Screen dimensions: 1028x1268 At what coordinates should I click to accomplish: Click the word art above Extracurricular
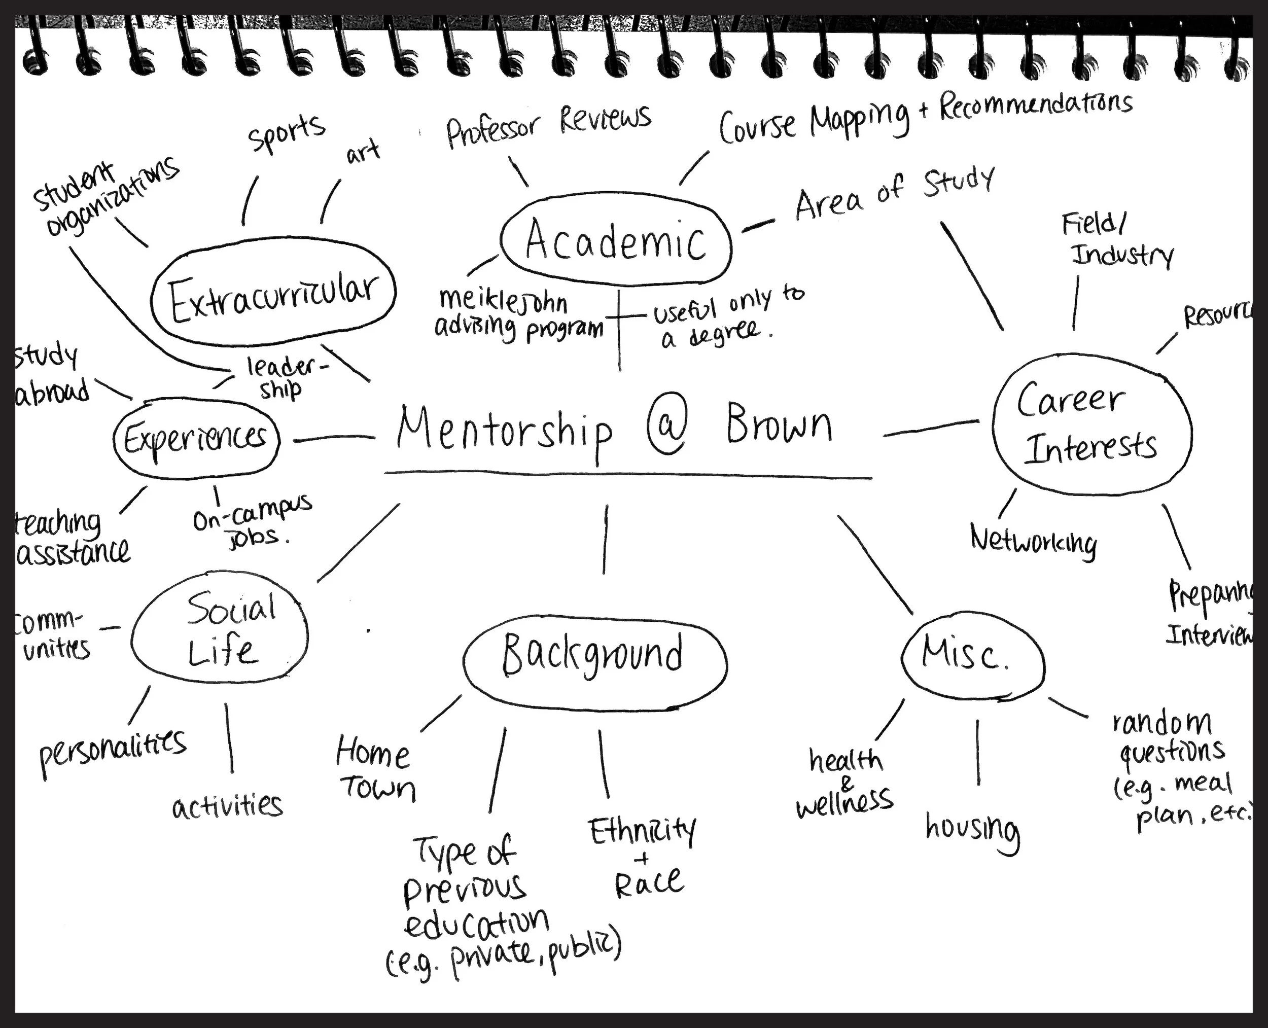(x=363, y=153)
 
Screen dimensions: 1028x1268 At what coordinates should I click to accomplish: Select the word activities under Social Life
(x=227, y=806)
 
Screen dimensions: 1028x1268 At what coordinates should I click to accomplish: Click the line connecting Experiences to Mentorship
(x=333, y=439)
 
